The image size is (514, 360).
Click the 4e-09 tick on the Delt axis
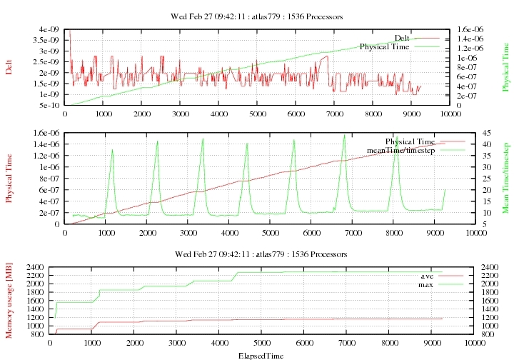click(x=49, y=29)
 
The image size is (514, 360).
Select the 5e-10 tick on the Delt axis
click(x=49, y=105)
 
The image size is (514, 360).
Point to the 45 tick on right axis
click(x=463, y=133)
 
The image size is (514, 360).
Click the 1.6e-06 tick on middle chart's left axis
click(x=44, y=133)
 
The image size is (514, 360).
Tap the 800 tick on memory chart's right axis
click(x=463, y=334)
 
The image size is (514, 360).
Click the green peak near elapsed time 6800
click(x=345, y=135)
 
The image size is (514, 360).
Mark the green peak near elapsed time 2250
click(x=158, y=141)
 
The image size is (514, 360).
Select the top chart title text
click(x=257, y=15)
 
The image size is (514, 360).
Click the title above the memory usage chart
click(x=257, y=254)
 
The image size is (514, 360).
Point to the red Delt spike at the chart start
click(x=69, y=31)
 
